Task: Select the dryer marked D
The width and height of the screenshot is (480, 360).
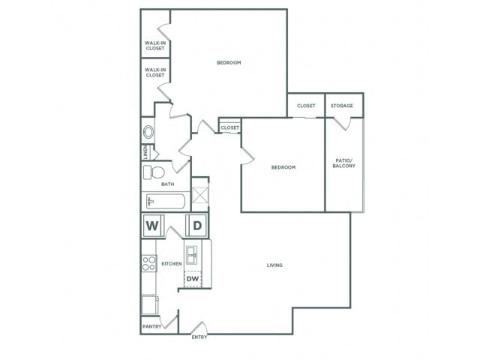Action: click(x=196, y=225)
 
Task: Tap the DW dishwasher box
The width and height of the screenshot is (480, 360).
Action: click(x=193, y=279)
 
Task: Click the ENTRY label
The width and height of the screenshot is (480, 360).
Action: click(x=199, y=337)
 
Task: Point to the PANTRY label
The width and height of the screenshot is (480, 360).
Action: click(x=152, y=326)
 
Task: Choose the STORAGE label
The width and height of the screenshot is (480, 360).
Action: click(x=342, y=106)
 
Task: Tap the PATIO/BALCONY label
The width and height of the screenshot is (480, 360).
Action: click(x=343, y=163)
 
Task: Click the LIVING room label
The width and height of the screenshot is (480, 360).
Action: click(x=274, y=265)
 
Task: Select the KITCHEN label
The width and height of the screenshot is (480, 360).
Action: click(x=170, y=264)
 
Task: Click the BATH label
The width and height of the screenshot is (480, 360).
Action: click(x=168, y=184)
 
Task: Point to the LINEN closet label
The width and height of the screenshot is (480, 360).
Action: click(x=145, y=152)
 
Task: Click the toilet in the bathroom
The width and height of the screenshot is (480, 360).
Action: click(x=154, y=173)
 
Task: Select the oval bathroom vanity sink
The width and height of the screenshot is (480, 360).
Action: click(x=148, y=131)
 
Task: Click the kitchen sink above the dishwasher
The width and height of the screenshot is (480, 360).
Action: click(x=192, y=254)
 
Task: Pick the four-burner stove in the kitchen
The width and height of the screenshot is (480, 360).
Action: click(x=148, y=263)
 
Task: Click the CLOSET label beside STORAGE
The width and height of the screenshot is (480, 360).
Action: click(x=306, y=106)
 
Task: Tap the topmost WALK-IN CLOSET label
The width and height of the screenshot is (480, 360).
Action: click(x=155, y=46)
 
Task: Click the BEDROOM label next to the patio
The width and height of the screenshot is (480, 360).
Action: click(x=283, y=167)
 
